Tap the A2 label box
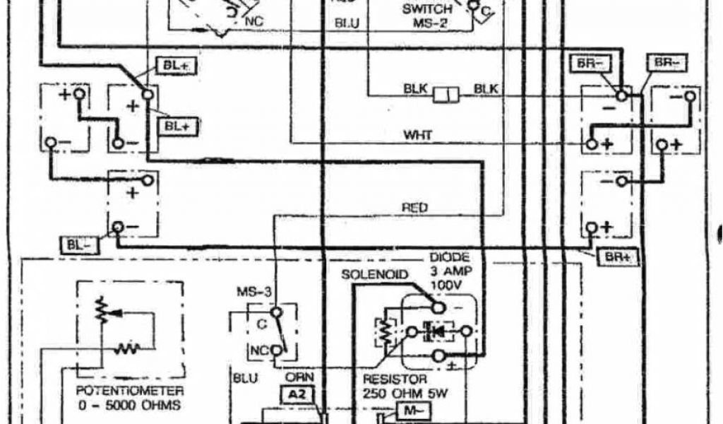[297, 394]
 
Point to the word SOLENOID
[375, 274]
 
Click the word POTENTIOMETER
[131, 391]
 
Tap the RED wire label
[415, 208]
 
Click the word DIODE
[449, 258]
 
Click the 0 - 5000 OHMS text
[131, 406]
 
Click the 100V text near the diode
[446, 284]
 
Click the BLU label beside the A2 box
[245, 378]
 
